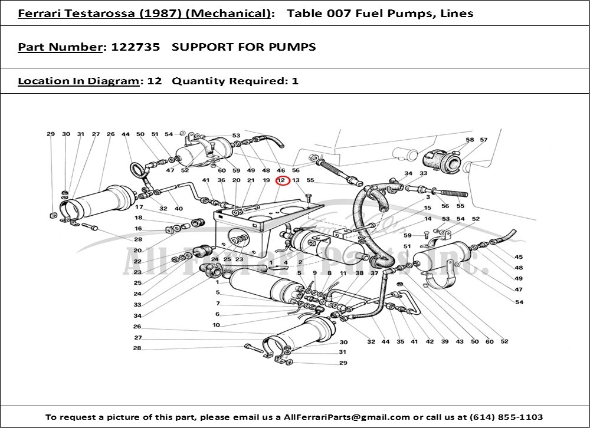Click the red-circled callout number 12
[x=281, y=180]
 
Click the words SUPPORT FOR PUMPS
[x=244, y=47]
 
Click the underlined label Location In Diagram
[x=78, y=81]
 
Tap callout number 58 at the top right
[x=470, y=140]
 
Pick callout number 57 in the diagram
[x=484, y=140]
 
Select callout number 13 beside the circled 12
[x=296, y=180]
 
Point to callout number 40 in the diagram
[x=179, y=208]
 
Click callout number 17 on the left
[x=139, y=208]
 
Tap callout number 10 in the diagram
[x=217, y=325]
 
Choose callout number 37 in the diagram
[x=374, y=274]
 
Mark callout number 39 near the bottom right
[x=444, y=342]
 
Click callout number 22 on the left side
[x=137, y=261]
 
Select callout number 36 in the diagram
[x=221, y=180]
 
